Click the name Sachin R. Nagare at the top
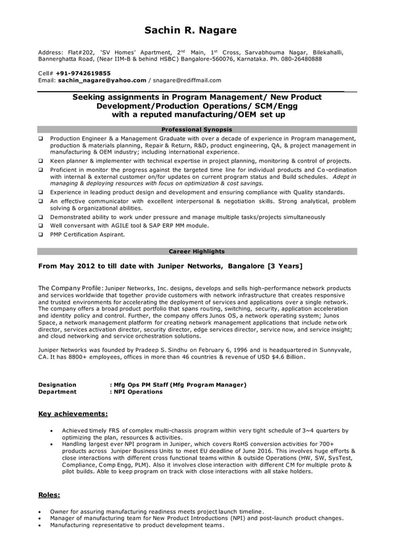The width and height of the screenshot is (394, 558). click(190, 30)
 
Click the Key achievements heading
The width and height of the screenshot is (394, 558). click(73, 413)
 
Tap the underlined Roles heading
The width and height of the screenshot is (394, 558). click(49, 495)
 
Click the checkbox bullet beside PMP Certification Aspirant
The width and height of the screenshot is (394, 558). click(41, 235)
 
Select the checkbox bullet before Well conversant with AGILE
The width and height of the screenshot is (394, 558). click(41, 226)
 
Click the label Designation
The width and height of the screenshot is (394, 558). click(57, 384)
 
